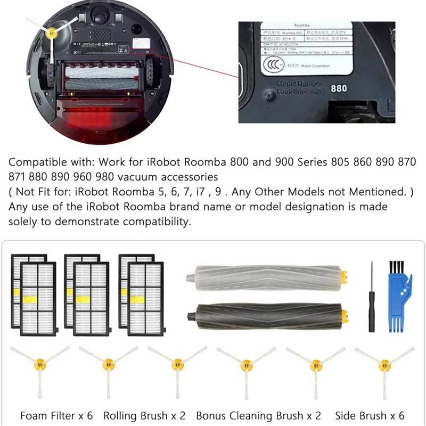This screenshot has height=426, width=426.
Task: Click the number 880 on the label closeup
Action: tap(339, 89)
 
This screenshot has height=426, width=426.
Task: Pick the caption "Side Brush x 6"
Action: tap(370, 415)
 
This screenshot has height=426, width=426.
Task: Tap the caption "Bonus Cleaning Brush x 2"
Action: tap(259, 415)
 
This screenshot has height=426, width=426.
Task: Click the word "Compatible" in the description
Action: tap(35, 162)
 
